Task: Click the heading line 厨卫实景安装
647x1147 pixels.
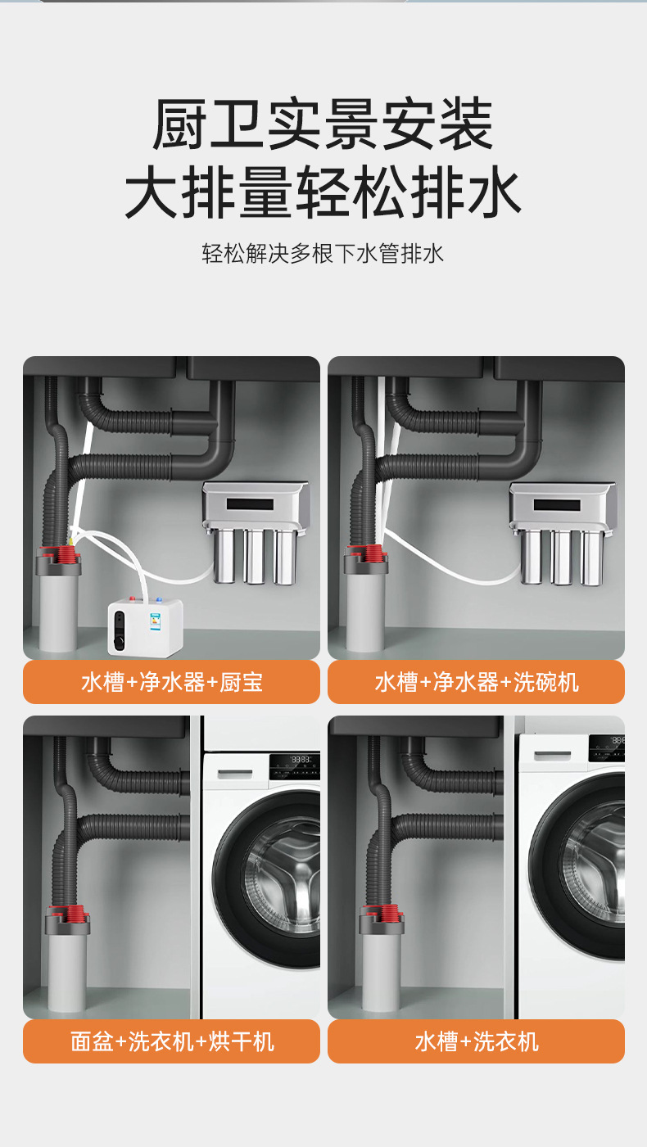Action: (x=323, y=124)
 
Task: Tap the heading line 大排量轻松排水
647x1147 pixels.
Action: (x=323, y=192)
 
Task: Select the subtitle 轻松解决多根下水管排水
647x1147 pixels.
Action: (x=323, y=254)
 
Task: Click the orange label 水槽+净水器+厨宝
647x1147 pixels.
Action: (x=172, y=682)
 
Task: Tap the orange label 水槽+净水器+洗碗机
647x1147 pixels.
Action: (x=477, y=682)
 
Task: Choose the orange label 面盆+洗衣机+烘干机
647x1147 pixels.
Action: (x=172, y=1041)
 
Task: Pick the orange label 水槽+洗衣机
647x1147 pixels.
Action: (x=477, y=1041)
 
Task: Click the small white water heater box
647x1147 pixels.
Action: (x=146, y=627)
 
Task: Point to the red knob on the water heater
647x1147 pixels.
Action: (x=133, y=598)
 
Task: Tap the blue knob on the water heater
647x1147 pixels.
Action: (x=159, y=599)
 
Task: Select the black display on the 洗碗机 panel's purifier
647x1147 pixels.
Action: (x=557, y=505)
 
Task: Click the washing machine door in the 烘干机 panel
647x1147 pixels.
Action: (x=266, y=878)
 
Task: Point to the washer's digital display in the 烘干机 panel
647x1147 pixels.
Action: (x=301, y=760)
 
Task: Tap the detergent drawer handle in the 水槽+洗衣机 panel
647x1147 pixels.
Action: (x=552, y=756)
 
